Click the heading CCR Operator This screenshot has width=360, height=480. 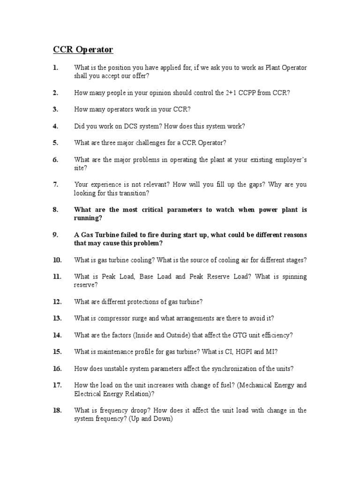[x=82, y=49]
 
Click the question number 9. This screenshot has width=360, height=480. [x=55, y=235]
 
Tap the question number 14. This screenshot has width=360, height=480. [x=57, y=335]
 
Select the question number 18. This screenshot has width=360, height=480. [x=57, y=410]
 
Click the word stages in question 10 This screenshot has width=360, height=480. [x=295, y=260]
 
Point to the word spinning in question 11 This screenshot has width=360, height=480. [x=293, y=277]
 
